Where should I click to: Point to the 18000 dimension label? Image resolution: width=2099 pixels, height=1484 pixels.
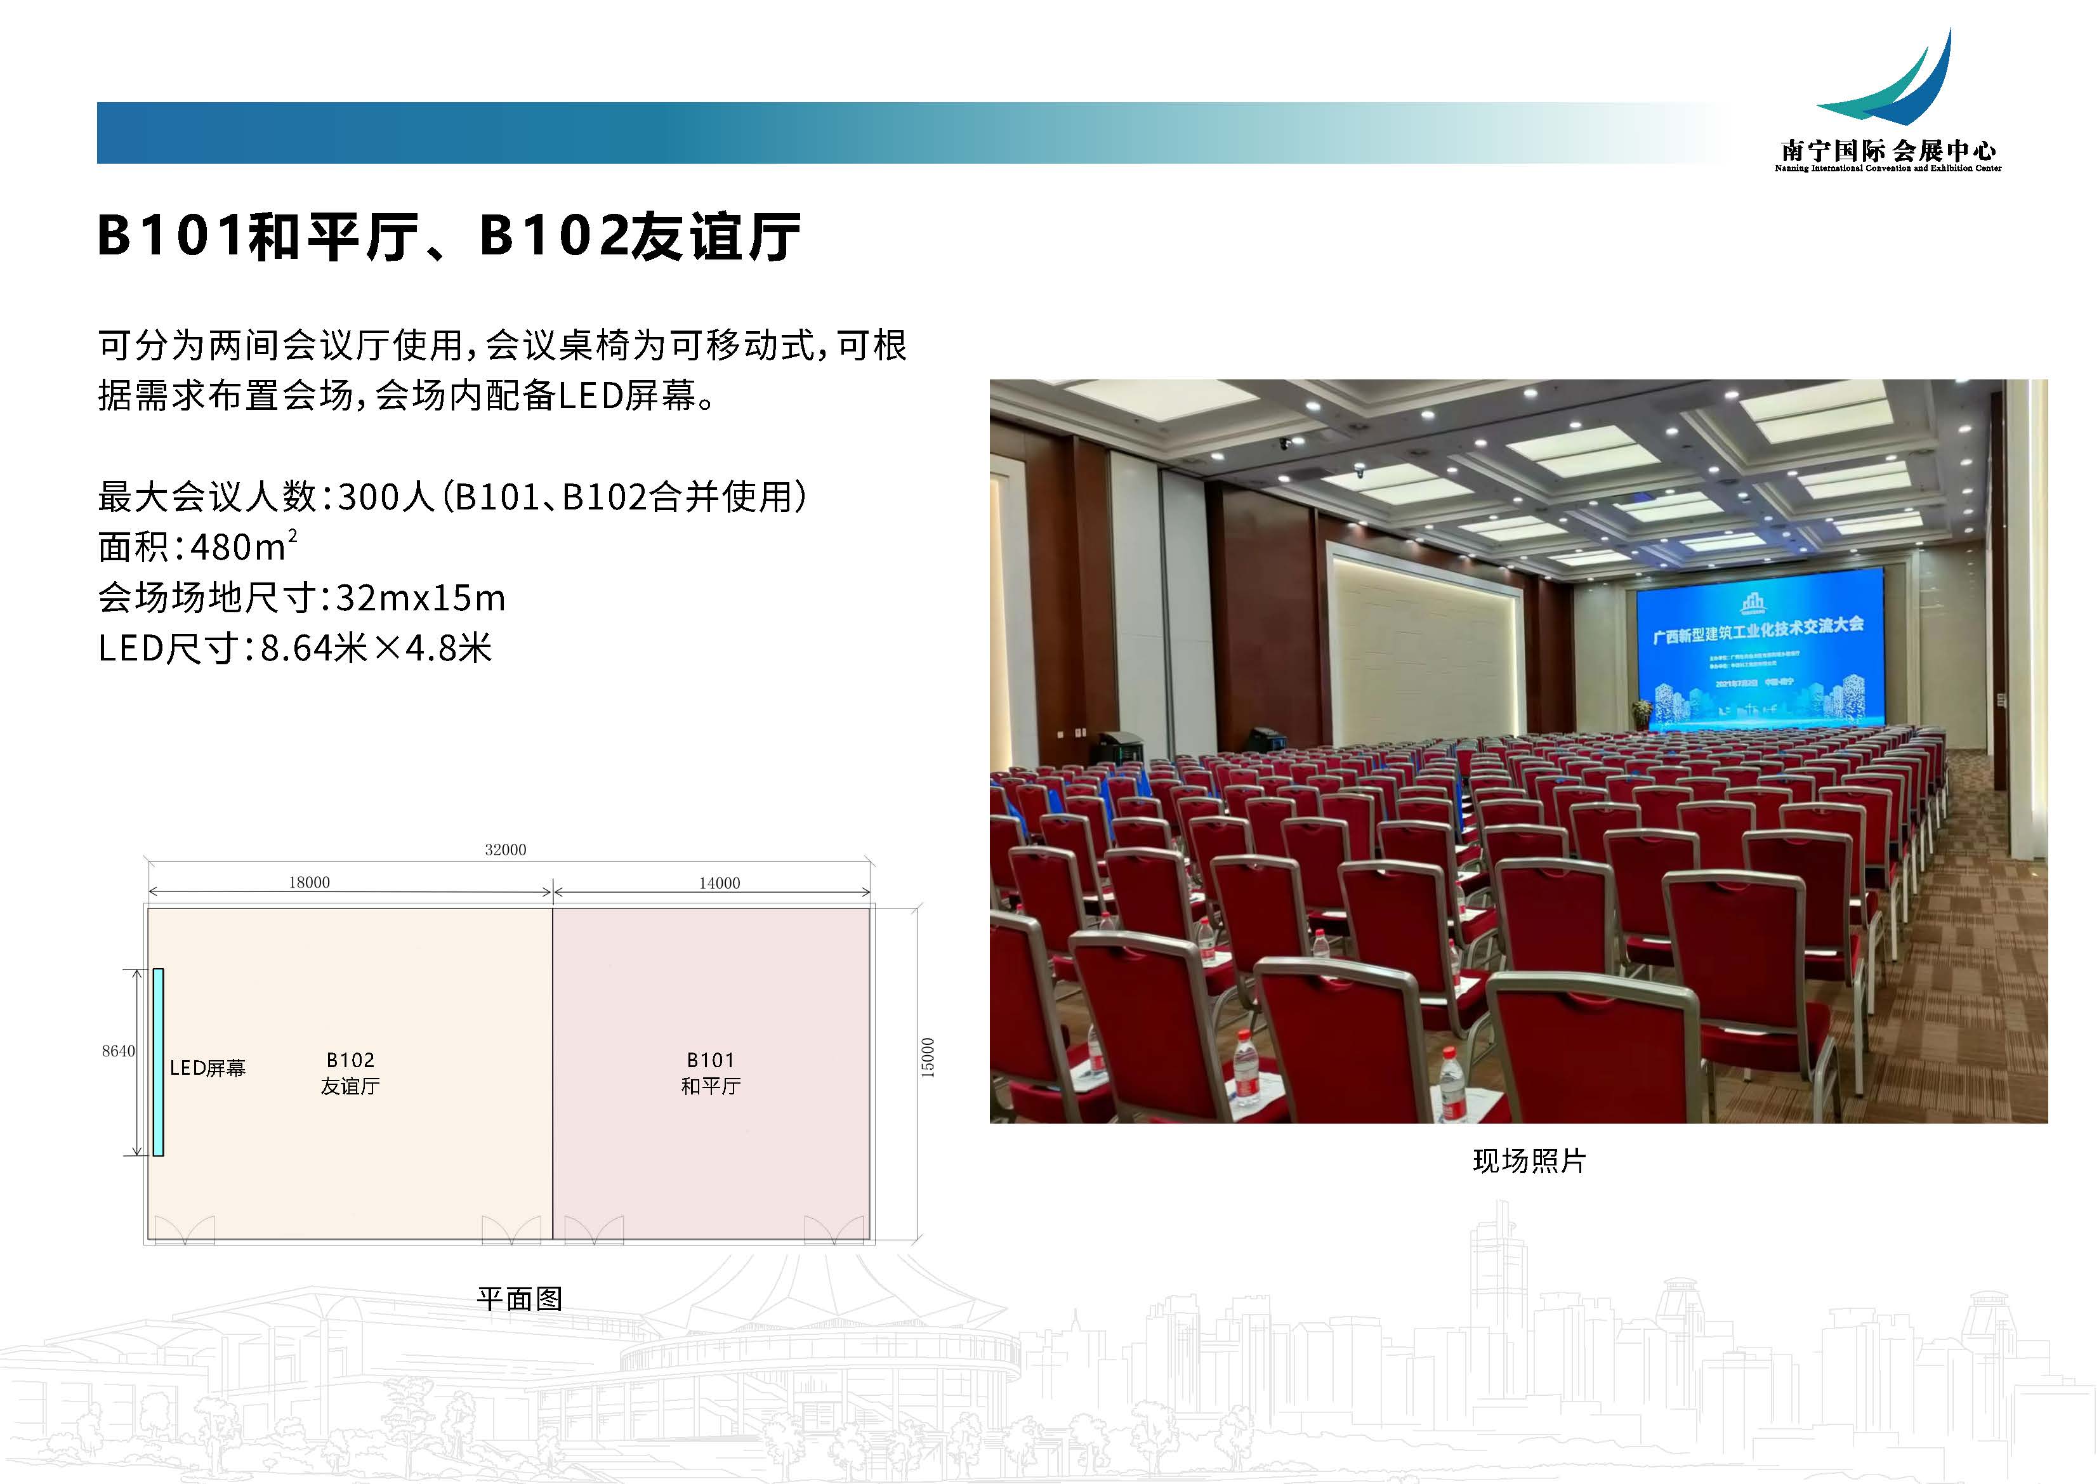(309, 883)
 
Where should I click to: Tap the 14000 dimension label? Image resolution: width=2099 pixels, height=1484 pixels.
(720, 883)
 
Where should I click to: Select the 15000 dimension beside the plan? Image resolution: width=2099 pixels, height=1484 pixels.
(928, 1057)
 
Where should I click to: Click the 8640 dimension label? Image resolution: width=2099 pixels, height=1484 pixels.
(118, 1051)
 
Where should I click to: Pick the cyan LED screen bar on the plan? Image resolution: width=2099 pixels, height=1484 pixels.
(158, 1061)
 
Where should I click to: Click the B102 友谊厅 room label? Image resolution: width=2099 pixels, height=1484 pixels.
(350, 1072)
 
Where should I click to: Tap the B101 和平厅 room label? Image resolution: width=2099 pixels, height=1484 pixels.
(710, 1072)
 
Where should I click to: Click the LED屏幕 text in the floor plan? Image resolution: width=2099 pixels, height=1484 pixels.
(207, 1068)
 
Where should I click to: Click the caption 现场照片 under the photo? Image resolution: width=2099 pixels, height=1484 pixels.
(1529, 1160)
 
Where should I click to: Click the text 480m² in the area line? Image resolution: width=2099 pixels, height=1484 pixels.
(243, 547)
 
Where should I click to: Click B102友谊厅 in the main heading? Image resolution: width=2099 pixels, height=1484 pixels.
(640, 236)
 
